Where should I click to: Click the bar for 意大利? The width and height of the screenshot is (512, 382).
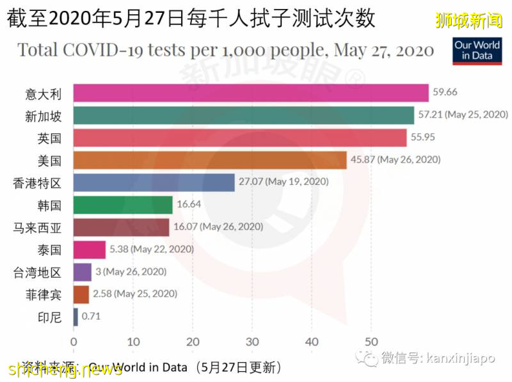(x=251, y=93)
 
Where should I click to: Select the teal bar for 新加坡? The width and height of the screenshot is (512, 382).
(x=244, y=115)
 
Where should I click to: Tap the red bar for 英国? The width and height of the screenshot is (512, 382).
(x=240, y=138)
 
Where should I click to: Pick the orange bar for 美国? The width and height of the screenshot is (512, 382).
(x=210, y=160)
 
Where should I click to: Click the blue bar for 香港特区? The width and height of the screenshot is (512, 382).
(x=154, y=182)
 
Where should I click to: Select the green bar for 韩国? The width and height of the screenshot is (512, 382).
(x=123, y=205)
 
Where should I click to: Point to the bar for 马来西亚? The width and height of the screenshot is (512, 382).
(x=122, y=227)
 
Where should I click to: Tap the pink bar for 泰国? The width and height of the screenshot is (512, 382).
(x=90, y=250)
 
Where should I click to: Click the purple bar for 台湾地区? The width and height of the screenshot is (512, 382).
(x=83, y=272)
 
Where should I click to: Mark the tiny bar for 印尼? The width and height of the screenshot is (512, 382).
(x=76, y=316)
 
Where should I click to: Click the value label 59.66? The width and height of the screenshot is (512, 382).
(x=445, y=92)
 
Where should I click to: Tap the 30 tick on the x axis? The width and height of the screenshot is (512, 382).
(x=252, y=340)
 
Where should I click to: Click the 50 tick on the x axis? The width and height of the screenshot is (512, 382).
(x=371, y=340)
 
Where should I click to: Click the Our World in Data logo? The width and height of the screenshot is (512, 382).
(x=476, y=50)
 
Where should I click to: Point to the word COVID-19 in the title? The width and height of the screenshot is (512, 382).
(x=140, y=50)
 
